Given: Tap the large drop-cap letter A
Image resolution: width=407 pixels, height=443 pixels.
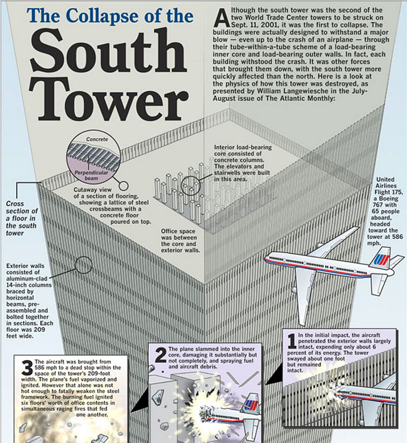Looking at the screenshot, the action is (x=221, y=18).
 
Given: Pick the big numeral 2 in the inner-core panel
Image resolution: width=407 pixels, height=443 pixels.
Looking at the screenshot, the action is (x=161, y=355).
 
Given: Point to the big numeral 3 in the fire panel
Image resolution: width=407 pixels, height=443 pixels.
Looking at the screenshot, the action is (x=27, y=368).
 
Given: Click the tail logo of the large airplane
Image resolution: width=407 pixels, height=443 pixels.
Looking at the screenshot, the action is (x=381, y=259).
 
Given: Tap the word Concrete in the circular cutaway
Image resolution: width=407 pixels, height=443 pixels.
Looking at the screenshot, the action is (x=97, y=140).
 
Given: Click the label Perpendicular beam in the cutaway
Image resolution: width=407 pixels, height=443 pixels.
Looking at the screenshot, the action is (x=91, y=176).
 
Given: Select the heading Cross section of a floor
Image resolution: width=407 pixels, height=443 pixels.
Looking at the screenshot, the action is (x=22, y=218).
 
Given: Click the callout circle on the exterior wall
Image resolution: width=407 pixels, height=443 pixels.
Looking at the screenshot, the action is (x=83, y=265).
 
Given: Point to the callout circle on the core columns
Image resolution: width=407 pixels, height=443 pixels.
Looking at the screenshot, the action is (x=191, y=186).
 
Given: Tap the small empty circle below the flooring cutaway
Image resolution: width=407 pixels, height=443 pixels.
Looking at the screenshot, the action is (x=123, y=186).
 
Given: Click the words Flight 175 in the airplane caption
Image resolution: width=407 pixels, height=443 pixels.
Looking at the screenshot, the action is (x=389, y=192).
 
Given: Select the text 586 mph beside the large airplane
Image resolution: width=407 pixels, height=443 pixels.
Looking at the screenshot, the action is (x=385, y=240).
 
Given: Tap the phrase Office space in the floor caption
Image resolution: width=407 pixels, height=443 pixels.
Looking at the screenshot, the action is (x=178, y=231).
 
